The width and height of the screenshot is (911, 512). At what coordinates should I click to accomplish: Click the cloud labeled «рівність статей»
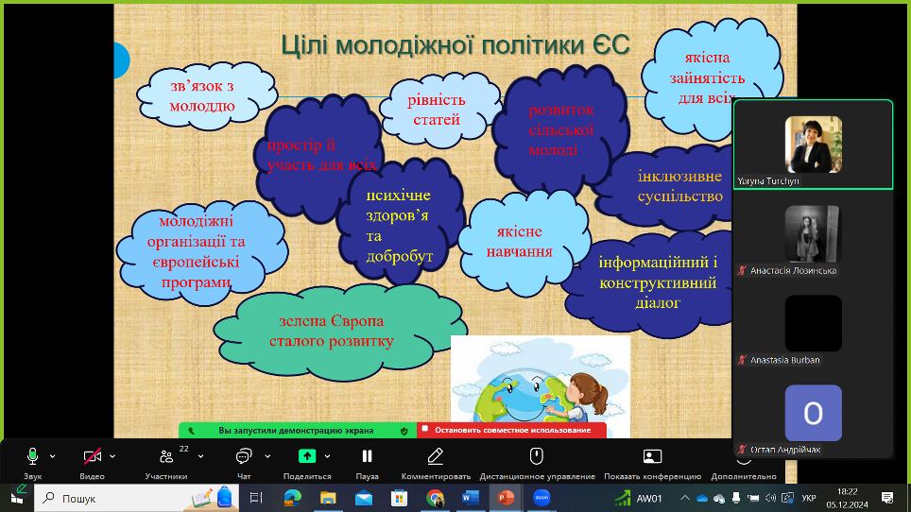(438, 110)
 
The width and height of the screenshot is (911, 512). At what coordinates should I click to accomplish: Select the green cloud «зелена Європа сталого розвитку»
(340, 332)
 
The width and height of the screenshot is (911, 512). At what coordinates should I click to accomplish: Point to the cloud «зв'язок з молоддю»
(206, 96)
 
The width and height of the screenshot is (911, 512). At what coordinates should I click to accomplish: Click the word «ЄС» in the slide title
(611, 45)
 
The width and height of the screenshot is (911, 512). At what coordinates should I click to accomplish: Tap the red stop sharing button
(512, 430)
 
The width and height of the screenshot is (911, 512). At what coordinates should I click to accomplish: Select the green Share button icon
(307, 456)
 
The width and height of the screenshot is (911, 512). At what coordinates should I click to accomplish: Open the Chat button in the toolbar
(244, 456)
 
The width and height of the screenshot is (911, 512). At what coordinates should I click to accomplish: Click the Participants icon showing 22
(166, 456)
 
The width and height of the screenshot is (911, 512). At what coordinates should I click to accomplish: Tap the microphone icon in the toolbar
(32, 456)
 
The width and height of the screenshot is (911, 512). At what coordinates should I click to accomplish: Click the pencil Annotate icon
(435, 456)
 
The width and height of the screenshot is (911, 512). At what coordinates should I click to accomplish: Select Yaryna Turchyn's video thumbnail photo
(813, 144)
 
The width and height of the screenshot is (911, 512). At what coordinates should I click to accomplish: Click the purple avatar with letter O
(813, 413)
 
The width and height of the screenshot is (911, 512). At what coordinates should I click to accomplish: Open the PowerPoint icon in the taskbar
(506, 498)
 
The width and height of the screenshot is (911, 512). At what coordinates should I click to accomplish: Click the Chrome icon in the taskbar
(435, 498)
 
